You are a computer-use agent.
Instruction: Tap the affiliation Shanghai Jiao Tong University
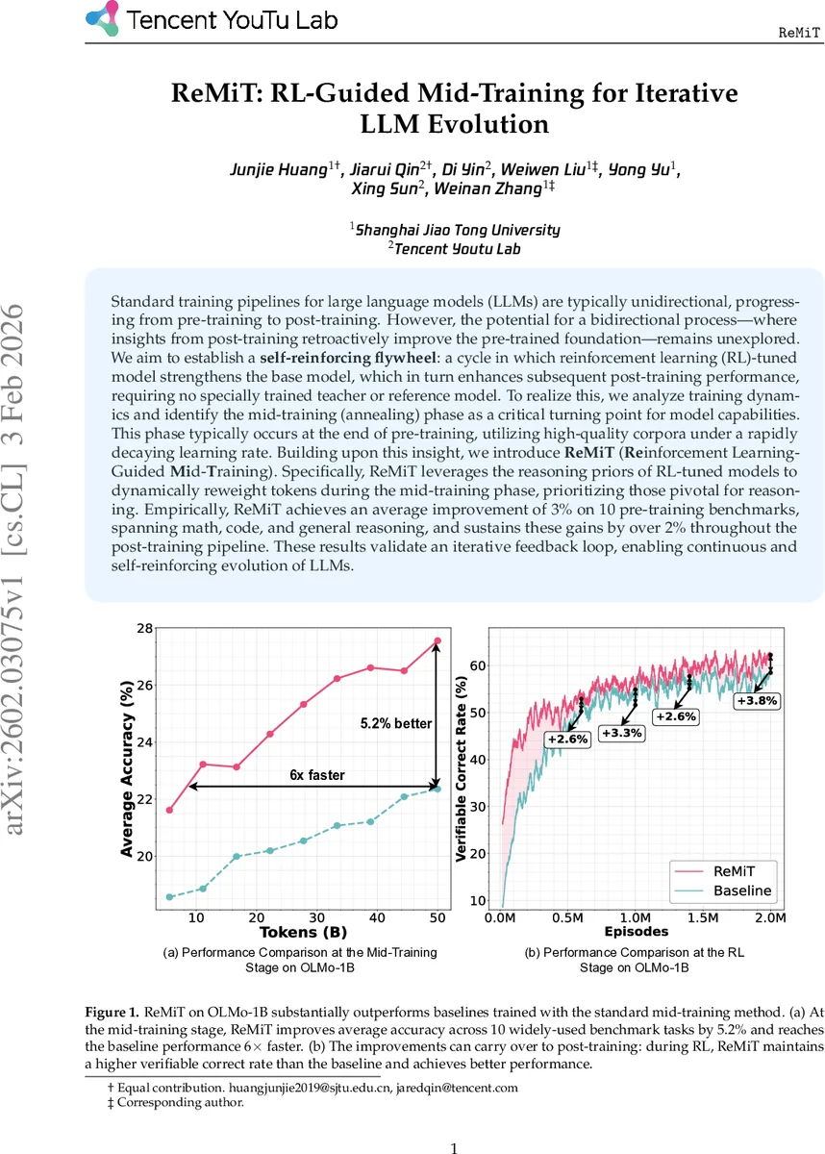coord(457,230)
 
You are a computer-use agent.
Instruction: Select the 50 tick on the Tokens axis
coord(438,917)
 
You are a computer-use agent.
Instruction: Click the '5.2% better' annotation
coord(396,723)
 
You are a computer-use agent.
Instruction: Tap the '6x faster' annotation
coord(317,774)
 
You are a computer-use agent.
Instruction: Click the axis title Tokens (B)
coord(303,933)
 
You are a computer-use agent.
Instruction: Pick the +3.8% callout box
coord(756,701)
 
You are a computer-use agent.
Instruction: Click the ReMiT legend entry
coord(735,870)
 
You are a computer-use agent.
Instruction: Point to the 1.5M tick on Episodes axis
coord(703,918)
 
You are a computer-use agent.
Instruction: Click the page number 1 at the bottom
coord(455,1148)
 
